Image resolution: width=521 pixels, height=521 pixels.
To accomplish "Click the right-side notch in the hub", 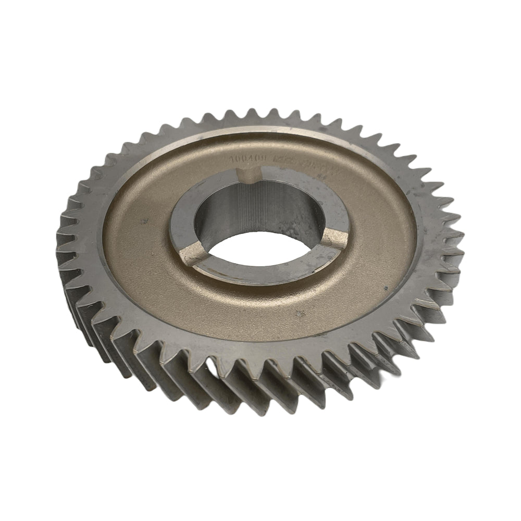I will (334, 239).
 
